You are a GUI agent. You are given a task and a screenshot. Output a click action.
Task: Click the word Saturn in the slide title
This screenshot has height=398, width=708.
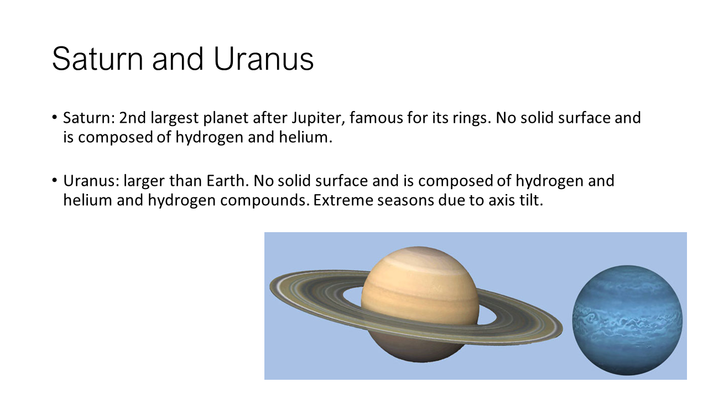tap(97, 59)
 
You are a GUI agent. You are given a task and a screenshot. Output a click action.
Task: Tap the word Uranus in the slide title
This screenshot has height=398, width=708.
tap(264, 59)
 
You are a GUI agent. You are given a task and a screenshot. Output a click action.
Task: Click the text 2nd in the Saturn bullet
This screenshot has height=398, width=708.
tap(132, 118)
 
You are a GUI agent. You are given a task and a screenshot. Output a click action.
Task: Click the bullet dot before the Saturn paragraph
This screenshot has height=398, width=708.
tap(55, 118)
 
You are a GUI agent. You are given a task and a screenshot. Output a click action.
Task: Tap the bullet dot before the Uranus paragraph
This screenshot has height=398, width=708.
tap(55, 180)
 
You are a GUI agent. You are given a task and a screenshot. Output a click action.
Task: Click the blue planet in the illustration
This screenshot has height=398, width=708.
tap(627, 320)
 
